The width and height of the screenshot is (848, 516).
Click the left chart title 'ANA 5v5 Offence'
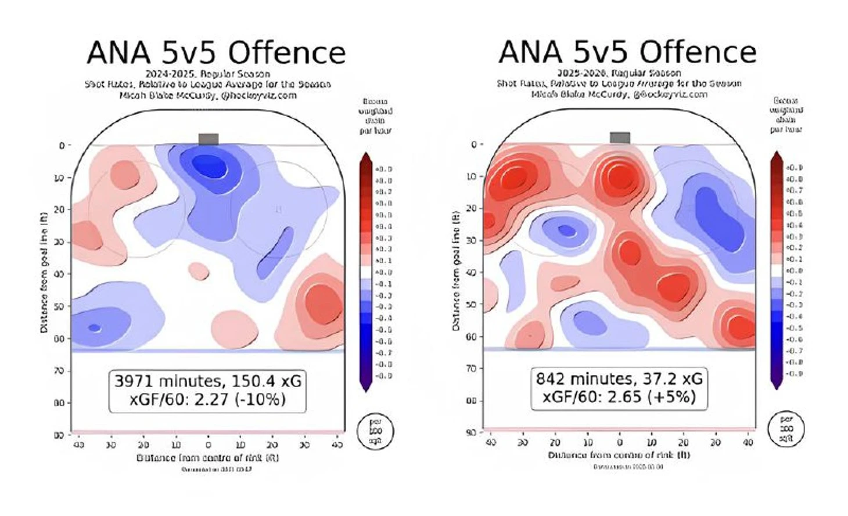[x=216, y=53]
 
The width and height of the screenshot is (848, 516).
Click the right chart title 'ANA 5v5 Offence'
[x=627, y=52]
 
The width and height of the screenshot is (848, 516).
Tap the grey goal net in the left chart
[x=209, y=139]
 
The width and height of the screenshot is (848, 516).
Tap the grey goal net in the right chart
[x=620, y=138]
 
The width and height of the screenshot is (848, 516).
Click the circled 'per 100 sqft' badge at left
[x=375, y=431]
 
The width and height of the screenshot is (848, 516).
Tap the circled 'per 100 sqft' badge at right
[x=786, y=428]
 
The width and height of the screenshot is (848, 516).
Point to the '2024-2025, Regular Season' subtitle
[x=208, y=74]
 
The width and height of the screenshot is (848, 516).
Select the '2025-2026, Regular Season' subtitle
[x=619, y=73]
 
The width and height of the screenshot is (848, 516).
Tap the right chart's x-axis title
[x=619, y=455]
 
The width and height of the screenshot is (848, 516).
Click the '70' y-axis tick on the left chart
[x=59, y=370]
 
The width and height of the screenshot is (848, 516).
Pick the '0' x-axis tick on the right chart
[x=620, y=442]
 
